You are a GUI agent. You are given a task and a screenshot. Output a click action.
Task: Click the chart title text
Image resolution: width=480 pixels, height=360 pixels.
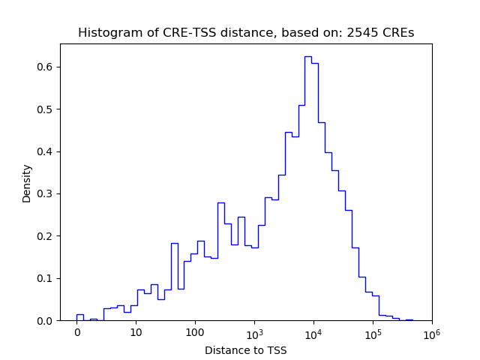coord(246,33)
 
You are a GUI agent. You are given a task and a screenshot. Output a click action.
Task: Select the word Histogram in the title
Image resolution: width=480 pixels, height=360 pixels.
coord(105,33)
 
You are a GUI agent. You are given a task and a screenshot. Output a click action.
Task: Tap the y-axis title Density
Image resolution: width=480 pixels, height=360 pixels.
coord(27,183)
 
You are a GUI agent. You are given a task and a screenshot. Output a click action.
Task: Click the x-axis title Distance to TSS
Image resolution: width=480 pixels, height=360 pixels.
coord(246,349)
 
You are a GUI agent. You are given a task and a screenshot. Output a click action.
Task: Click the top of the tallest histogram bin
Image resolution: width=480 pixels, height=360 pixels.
coord(308,56)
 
